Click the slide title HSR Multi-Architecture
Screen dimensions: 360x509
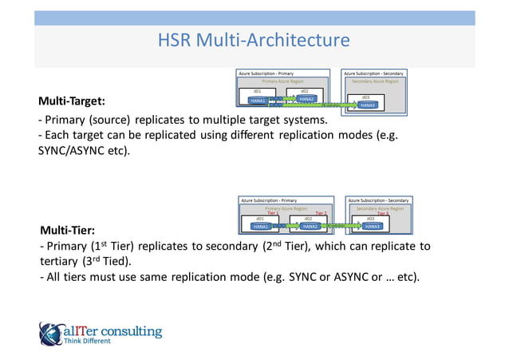254,41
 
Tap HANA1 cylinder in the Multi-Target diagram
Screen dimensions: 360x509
258,101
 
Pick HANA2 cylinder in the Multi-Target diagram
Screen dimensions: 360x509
306,99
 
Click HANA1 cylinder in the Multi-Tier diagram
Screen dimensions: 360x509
260,226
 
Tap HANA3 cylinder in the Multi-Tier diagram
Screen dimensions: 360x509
372,226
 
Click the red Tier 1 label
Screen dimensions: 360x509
273,213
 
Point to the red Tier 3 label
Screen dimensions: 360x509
383,213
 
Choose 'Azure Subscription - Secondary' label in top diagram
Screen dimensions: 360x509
373,73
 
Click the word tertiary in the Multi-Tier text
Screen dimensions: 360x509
57,261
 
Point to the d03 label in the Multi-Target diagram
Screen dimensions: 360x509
365,97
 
